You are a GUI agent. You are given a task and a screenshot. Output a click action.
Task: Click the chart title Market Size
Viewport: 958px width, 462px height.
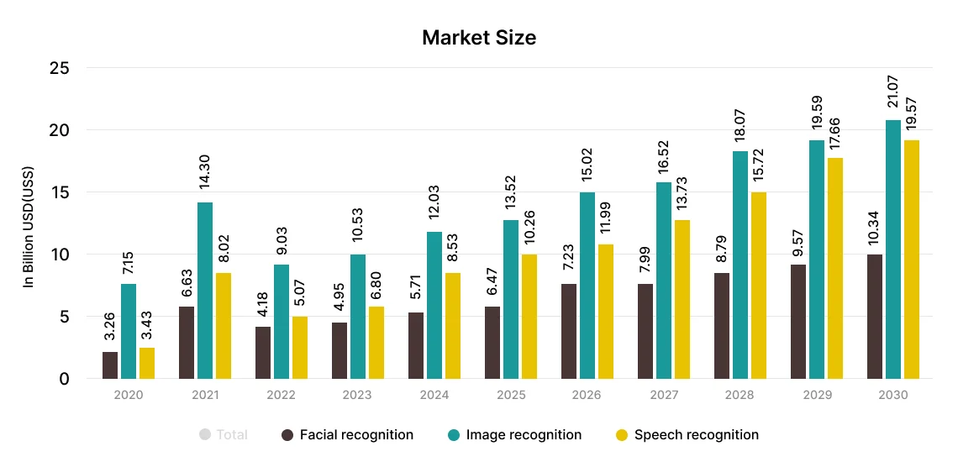tap(478, 38)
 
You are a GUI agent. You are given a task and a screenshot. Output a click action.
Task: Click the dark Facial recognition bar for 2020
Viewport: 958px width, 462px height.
tap(110, 365)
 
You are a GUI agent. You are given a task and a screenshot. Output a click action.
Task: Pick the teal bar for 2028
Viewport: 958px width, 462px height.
tap(740, 265)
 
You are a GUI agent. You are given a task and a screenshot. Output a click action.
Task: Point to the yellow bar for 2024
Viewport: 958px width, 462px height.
tap(452, 325)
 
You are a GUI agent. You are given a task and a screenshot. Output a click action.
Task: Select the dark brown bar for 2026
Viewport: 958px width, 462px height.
tap(568, 331)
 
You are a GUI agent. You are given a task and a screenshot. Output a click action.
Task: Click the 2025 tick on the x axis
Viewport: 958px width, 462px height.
tap(510, 395)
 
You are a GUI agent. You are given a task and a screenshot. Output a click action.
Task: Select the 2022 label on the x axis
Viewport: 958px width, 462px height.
tap(281, 395)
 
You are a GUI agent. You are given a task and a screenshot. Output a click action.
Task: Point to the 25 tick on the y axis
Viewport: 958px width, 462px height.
tap(59, 68)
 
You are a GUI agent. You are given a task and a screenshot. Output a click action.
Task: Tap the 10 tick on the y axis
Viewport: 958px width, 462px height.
tap(59, 255)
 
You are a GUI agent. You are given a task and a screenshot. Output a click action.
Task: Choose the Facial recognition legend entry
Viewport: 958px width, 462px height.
tap(347, 435)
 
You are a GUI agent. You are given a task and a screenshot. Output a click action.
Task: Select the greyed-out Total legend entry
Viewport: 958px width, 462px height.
tap(224, 435)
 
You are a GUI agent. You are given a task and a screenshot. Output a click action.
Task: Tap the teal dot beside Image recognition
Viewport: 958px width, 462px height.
tap(454, 435)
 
